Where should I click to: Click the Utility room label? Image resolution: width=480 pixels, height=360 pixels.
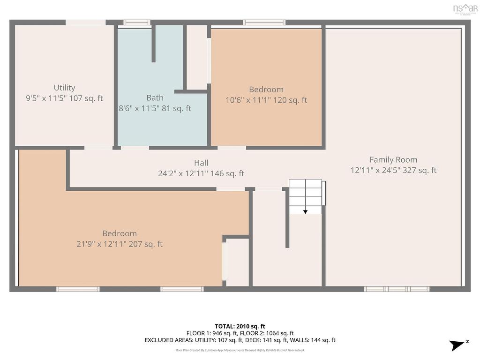click(x=64, y=88)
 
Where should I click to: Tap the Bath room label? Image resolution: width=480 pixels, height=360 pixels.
click(x=155, y=97)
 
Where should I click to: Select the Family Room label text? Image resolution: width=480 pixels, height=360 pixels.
click(x=393, y=159)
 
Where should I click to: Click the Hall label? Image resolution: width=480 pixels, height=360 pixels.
click(x=201, y=163)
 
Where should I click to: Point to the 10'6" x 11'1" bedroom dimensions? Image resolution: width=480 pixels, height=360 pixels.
click(x=266, y=100)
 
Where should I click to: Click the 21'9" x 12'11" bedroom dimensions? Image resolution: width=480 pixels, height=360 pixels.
click(x=120, y=244)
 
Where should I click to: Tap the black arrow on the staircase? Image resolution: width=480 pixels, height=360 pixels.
click(x=305, y=211)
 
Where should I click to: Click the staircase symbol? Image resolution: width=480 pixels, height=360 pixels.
click(x=306, y=196)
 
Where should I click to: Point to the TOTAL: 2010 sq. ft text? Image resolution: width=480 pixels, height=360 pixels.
click(x=240, y=326)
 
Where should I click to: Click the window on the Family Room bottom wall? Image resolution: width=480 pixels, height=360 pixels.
click(x=397, y=289)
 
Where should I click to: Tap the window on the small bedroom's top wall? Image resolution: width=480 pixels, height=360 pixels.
click(x=264, y=22)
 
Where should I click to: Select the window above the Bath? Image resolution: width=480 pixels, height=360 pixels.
click(x=136, y=22)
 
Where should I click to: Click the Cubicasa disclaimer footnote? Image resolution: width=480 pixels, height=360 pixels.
click(x=240, y=350)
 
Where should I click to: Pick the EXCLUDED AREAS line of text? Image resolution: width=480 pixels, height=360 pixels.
click(x=240, y=340)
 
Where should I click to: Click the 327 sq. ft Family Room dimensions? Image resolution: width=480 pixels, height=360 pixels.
click(x=393, y=170)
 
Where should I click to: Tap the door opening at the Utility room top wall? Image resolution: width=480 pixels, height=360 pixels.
click(x=85, y=22)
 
